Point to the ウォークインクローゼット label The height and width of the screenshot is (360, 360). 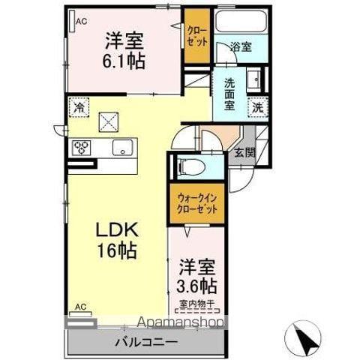click(197, 203)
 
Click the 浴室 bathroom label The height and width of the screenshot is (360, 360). click(241, 46)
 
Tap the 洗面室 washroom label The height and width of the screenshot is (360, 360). click(229, 91)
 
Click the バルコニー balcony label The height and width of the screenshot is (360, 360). click(146, 342)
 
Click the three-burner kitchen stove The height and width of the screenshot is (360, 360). click(82, 147)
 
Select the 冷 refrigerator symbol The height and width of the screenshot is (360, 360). click(79, 108)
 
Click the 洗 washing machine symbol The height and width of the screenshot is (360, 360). click(257, 107)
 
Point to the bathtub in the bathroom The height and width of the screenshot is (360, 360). click(239, 21)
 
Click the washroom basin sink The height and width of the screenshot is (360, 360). click(254, 78)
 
